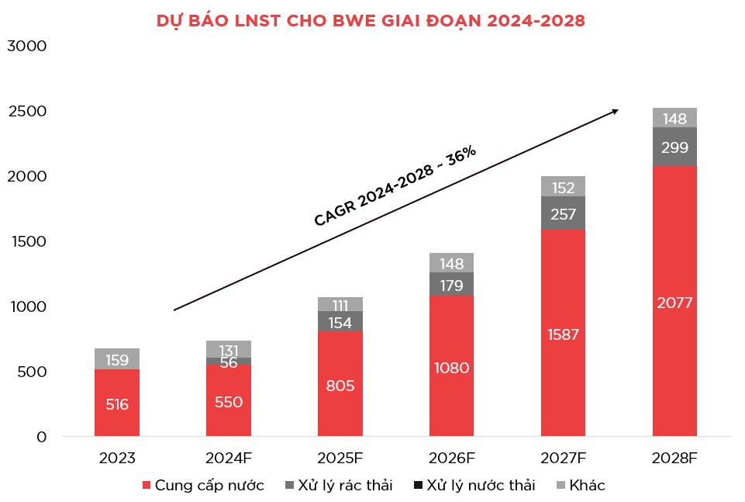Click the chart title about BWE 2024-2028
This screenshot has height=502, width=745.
(x=371, y=21)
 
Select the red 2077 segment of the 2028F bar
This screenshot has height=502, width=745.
(x=674, y=303)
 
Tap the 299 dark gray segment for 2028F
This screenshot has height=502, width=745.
(x=674, y=147)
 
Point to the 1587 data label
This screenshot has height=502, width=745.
(x=563, y=334)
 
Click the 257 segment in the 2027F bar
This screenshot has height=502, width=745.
(x=563, y=213)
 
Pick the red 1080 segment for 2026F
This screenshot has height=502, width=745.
(x=451, y=367)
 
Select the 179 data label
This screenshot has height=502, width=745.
(x=451, y=285)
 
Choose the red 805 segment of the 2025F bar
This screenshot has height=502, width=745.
(x=340, y=385)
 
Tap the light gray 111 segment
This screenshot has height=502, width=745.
(x=340, y=304)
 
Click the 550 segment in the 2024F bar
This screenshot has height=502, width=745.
(x=229, y=402)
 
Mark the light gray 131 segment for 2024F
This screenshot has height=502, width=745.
(x=229, y=349)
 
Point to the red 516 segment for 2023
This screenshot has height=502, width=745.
(x=117, y=404)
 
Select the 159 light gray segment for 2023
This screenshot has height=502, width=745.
(x=117, y=360)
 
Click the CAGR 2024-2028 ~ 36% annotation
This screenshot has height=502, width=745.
(x=395, y=186)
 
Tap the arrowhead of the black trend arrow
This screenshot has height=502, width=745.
(x=616, y=111)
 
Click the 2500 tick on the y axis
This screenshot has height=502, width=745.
(x=27, y=112)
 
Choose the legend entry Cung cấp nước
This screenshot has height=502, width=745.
(x=203, y=486)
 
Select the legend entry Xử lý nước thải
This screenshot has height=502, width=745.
(x=474, y=486)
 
